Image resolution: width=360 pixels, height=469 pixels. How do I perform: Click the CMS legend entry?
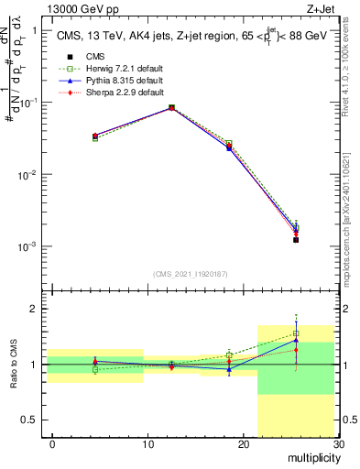coord(94,57)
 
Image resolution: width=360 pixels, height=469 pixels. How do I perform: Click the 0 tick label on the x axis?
coord(52,445)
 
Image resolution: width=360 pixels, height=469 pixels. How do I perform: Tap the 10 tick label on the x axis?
coord(147,445)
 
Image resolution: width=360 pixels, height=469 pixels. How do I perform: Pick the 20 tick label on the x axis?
coord(243,445)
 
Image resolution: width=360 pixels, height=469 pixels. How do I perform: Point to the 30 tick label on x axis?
coord(338,445)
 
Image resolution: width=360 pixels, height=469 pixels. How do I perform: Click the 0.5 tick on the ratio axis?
coord(33,420)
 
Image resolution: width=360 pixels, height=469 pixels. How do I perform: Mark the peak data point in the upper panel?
coord(171,107)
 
